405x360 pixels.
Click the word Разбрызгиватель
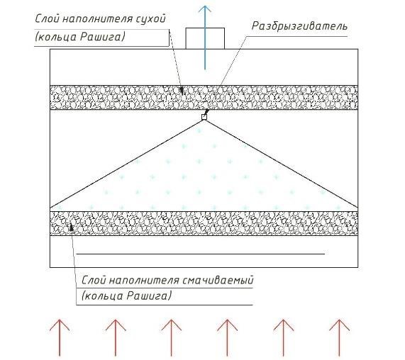299,26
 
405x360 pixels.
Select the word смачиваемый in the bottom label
218,280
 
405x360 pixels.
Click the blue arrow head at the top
205,9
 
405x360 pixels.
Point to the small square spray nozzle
204,117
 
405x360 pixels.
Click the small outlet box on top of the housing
205,38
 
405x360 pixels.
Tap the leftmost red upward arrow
60,338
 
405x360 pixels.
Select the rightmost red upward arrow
339,338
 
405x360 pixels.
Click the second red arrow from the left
116,338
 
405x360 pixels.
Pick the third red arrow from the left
171,338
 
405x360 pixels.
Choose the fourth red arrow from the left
227,338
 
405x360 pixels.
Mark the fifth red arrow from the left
283,338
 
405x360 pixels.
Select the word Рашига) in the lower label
149,296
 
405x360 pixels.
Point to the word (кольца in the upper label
56,37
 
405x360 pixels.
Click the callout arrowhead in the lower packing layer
72,227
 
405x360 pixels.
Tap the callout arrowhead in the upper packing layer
182,90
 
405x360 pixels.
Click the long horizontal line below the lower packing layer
201,254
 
